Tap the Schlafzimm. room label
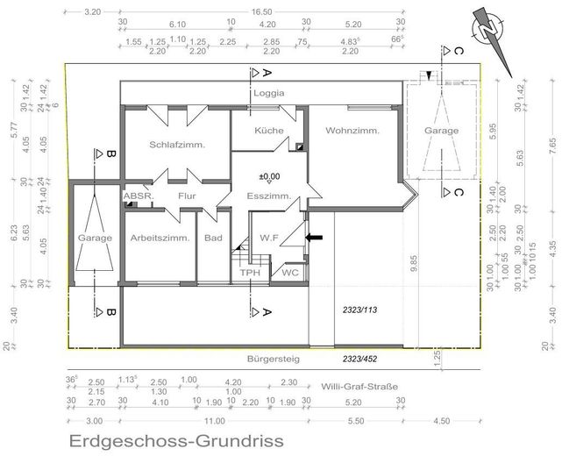pyautogui.click(x=176, y=146)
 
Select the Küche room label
pyautogui.click(x=268, y=130)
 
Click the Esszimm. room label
pyautogui.click(x=267, y=196)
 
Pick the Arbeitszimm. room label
pyautogui.click(x=159, y=238)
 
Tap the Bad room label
pyautogui.click(x=213, y=238)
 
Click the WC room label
pyautogui.click(x=289, y=273)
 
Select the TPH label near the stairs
pyautogui.click(x=252, y=273)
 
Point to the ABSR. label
pyautogui.click(x=138, y=196)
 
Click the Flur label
pyautogui.click(x=186, y=196)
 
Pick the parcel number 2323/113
pyautogui.click(x=359, y=310)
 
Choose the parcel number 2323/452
pyautogui.click(x=359, y=359)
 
